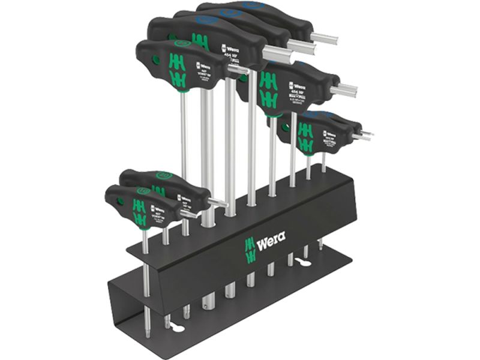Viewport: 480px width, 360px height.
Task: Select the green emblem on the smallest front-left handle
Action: click(x=139, y=211)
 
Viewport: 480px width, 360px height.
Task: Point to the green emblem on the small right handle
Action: click(x=305, y=137)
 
